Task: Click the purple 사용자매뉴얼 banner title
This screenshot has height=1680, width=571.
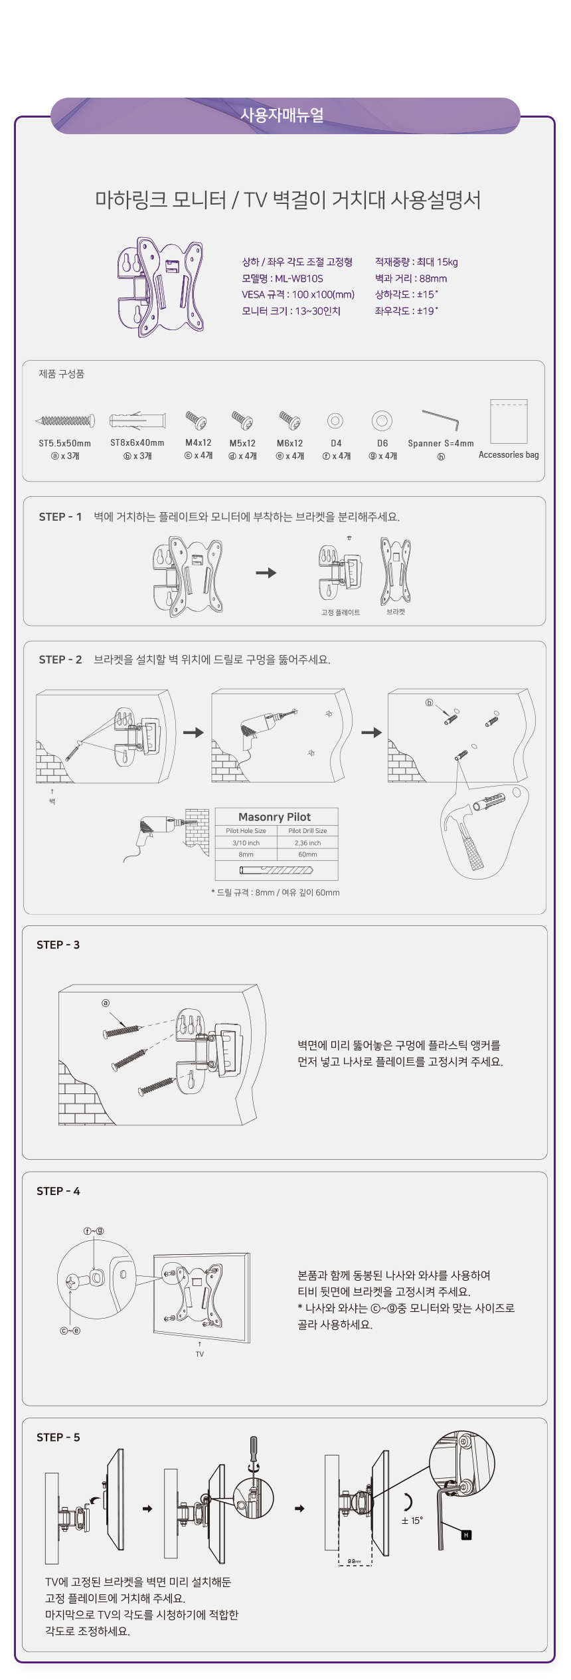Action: click(x=282, y=115)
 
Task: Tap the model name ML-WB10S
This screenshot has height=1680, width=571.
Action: click(x=299, y=279)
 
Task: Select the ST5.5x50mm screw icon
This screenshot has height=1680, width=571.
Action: click(x=65, y=420)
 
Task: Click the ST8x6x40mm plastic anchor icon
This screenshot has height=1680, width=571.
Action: click(x=137, y=420)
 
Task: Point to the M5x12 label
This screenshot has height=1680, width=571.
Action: click(x=242, y=443)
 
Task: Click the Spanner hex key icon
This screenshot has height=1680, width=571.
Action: click(x=440, y=420)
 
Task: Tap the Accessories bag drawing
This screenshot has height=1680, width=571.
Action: click(x=509, y=421)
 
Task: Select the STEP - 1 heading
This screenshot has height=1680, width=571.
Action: click(x=60, y=517)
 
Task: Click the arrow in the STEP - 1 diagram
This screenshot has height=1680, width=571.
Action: click(x=266, y=573)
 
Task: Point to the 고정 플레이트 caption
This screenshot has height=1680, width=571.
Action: click(x=341, y=612)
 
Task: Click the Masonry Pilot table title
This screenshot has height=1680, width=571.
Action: click(x=275, y=817)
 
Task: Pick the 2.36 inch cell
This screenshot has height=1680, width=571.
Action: click(x=307, y=843)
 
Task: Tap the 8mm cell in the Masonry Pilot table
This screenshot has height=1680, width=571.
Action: click(x=246, y=855)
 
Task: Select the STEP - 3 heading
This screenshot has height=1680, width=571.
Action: click(x=58, y=945)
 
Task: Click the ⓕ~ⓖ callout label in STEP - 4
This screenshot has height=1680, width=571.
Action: click(x=94, y=1231)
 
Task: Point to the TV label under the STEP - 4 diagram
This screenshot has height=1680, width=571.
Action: click(x=200, y=1354)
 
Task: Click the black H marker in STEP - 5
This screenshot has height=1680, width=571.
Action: click(x=466, y=1535)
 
